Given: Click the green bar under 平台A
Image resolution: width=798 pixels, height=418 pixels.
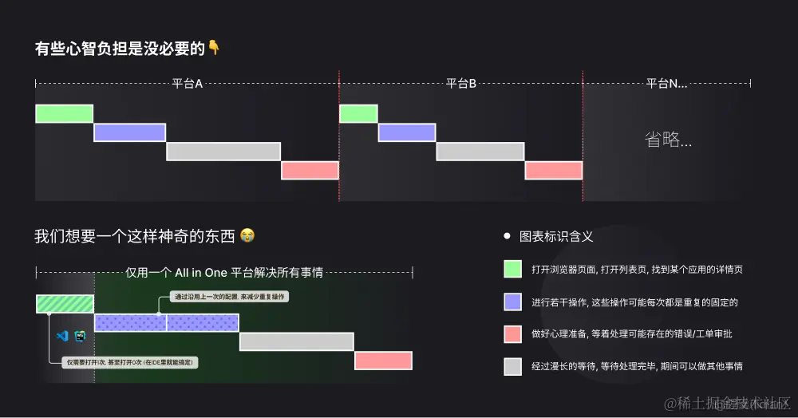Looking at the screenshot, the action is pyautogui.click(x=64, y=113).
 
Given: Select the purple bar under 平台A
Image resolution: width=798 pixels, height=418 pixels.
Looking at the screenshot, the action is pyautogui.click(x=129, y=132).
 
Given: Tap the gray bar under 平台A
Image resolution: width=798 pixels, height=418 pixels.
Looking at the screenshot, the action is pyautogui.click(x=223, y=152).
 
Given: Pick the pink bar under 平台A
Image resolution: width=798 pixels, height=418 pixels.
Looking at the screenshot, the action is pyautogui.click(x=310, y=171).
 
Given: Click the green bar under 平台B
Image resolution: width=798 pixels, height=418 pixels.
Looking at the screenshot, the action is pyautogui.click(x=358, y=113).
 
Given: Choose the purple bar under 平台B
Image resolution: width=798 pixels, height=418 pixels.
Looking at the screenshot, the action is pyautogui.click(x=407, y=132).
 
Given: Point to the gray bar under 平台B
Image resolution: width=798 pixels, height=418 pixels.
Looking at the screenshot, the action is pyautogui.click(x=480, y=152).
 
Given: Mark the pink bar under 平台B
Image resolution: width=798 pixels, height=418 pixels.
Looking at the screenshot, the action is pyautogui.click(x=554, y=171).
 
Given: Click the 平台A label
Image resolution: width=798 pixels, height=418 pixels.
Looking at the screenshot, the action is pyautogui.click(x=188, y=84).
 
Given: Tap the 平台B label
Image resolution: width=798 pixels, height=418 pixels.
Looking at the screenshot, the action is pyautogui.click(x=461, y=84).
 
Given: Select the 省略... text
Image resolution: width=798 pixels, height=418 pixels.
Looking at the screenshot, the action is pyautogui.click(x=668, y=140).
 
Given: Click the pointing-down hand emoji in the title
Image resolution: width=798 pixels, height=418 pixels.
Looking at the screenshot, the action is pyautogui.click(x=214, y=49).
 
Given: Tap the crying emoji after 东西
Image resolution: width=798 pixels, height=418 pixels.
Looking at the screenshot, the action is pyautogui.click(x=249, y=236).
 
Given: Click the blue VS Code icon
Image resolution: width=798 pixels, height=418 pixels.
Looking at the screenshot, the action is pyautogui.click(x=61, y=337).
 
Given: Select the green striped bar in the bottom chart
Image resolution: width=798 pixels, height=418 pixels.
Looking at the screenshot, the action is pyautogui.click(x=65, y=304).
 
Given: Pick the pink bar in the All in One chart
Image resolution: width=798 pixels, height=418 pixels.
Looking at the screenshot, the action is pyautogui.click(x=383, y=361).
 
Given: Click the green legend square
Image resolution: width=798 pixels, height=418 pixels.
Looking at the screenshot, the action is pyautogui.click(x=512, y=270).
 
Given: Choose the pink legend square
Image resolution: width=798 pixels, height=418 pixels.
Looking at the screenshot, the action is pyautogui.click(x=512, y=333).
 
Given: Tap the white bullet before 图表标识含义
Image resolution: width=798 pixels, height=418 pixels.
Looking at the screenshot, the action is pyautogui.click(x=507, y=237).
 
